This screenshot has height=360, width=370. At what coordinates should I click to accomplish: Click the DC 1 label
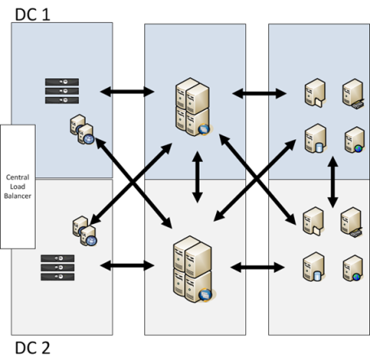pyautogui.click(x=33, y=15)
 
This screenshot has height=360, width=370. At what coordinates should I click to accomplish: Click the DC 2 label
pyautogui.click(x=33, y=348)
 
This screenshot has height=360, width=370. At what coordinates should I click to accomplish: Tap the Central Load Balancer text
pyautogui.click(x=18, y=187)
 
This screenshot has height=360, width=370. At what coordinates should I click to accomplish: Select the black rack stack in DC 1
pyautogui.click(x=62, y=91)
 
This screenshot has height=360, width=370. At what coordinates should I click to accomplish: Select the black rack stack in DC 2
pyautogui.click(x=58, y=267)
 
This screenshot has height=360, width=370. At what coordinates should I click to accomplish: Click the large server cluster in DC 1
pyautogui.click(x=193, y=107)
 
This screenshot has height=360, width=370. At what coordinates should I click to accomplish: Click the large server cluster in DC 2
pyautogui.click(x=194, y=269)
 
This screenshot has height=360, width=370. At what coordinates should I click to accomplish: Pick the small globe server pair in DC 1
pyautogui.click(x=82, y=130)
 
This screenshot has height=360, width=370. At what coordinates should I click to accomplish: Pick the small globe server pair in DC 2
pyautogui.click(x=85, y=231)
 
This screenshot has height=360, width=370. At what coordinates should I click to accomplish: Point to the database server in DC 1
pyautogui.click(x=315, y=138)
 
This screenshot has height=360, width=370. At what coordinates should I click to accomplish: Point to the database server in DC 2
pyautogui.click(x=314, y=266)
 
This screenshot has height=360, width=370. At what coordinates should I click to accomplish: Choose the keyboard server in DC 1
pyautogui.click(x=353, y=94)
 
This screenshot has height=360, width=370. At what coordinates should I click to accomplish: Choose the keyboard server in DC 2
pyautogui.click(x=351, y=222)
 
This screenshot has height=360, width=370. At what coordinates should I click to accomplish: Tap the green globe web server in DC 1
pyautogui.click(x=355, y=139)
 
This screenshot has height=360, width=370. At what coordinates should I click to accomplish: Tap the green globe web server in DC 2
pyautogui.click(x=353, y=268)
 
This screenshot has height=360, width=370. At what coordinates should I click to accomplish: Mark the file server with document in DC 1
pyautogui.click(x=315, y=93)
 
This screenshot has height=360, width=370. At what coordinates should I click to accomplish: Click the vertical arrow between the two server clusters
pyautogui.click(x=197, y=177)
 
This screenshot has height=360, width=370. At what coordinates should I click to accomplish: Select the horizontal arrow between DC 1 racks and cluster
pyautogui.click(x=127, y=91)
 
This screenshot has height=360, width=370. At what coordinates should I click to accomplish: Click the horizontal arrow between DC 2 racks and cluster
pyautogui.click(x=127, y=266)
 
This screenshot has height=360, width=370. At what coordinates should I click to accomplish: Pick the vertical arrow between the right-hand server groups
pyautogui.click(x=333, y=182)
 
